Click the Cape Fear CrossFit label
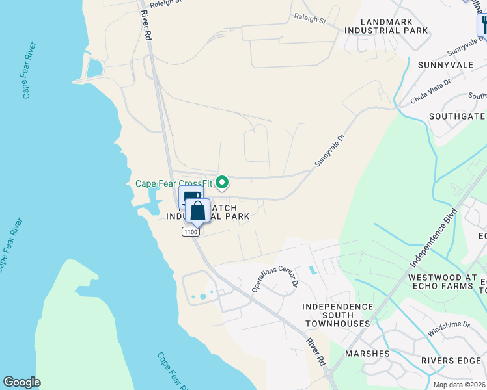(x=174, y=183)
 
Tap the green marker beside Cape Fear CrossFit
(x=222, y=183)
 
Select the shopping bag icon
(x=198, y=211)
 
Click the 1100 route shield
(x=190, y=232)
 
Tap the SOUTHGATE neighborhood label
(x=456, y=116)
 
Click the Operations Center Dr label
(x=274, y=276)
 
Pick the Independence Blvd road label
(x=434, y=237)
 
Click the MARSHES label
(x=367, y=354)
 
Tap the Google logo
(x=21, y=382)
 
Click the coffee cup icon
(x=190, y=198)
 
